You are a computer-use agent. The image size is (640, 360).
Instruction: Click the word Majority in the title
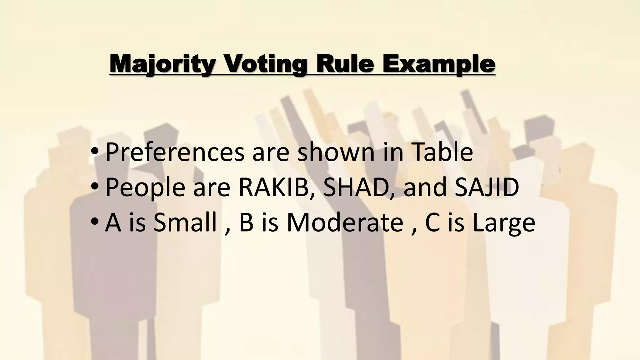[163, 64]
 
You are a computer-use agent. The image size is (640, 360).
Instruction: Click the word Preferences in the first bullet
[175, 152]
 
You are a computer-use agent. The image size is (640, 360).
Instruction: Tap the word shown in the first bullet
[336, 152]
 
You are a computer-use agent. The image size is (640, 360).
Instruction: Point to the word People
[145, 188]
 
